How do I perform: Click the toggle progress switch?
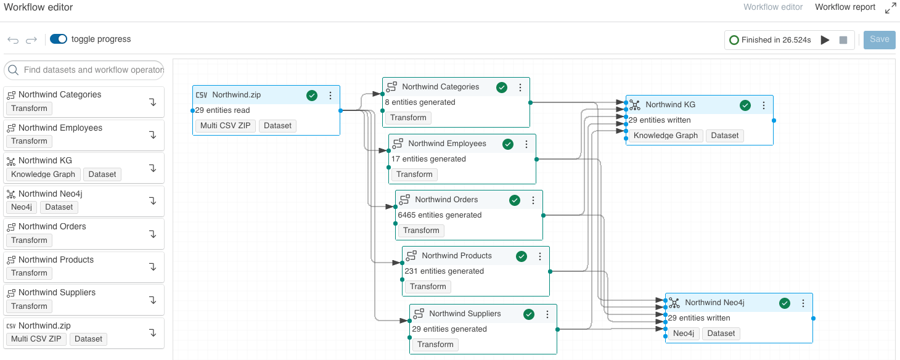[59, 39]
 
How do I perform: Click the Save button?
[879, 39]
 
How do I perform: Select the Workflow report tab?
[845, 7]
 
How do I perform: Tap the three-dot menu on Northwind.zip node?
[330, 96]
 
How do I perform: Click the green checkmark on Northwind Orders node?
[515, 200]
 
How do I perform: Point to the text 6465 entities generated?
[440, 215]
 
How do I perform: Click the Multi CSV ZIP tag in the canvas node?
[225, 126]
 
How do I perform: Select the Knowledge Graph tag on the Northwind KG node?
[665, 136]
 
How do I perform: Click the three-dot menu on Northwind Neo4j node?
[803, 303]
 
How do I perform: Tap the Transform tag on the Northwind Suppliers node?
[435, 345]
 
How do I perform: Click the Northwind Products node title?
[456, 256]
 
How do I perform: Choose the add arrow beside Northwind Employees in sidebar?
[152, 135]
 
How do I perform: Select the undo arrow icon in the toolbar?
[13, 40]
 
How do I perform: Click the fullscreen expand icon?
[890, 8]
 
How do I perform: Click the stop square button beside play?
[843, 40]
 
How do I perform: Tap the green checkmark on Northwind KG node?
[745, 105]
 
